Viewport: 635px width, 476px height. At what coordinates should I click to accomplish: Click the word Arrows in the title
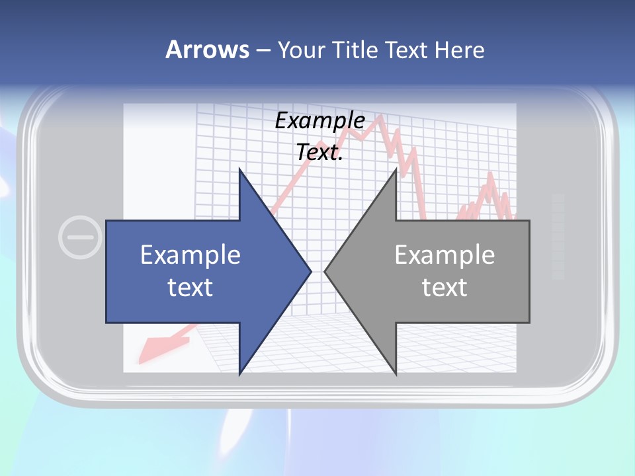point(207,50)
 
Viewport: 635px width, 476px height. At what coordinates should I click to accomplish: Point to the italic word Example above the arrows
point(320,121)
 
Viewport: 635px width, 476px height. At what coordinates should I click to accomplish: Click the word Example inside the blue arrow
point(190,255)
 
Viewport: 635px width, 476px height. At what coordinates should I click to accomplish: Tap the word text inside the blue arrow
point(190,288)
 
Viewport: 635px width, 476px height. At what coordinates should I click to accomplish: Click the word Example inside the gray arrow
point(444,255)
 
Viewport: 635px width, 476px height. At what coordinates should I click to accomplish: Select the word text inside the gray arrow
point(444,288)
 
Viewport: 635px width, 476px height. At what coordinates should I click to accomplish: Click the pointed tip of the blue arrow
point(310,271)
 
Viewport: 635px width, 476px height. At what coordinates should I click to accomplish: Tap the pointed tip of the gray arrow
point(325,271)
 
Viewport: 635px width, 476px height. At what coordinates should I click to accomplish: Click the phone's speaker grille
point(558,235)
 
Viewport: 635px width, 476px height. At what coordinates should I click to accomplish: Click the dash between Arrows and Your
point(263,50)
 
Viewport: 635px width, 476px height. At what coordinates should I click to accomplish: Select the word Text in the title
point(407,50)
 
